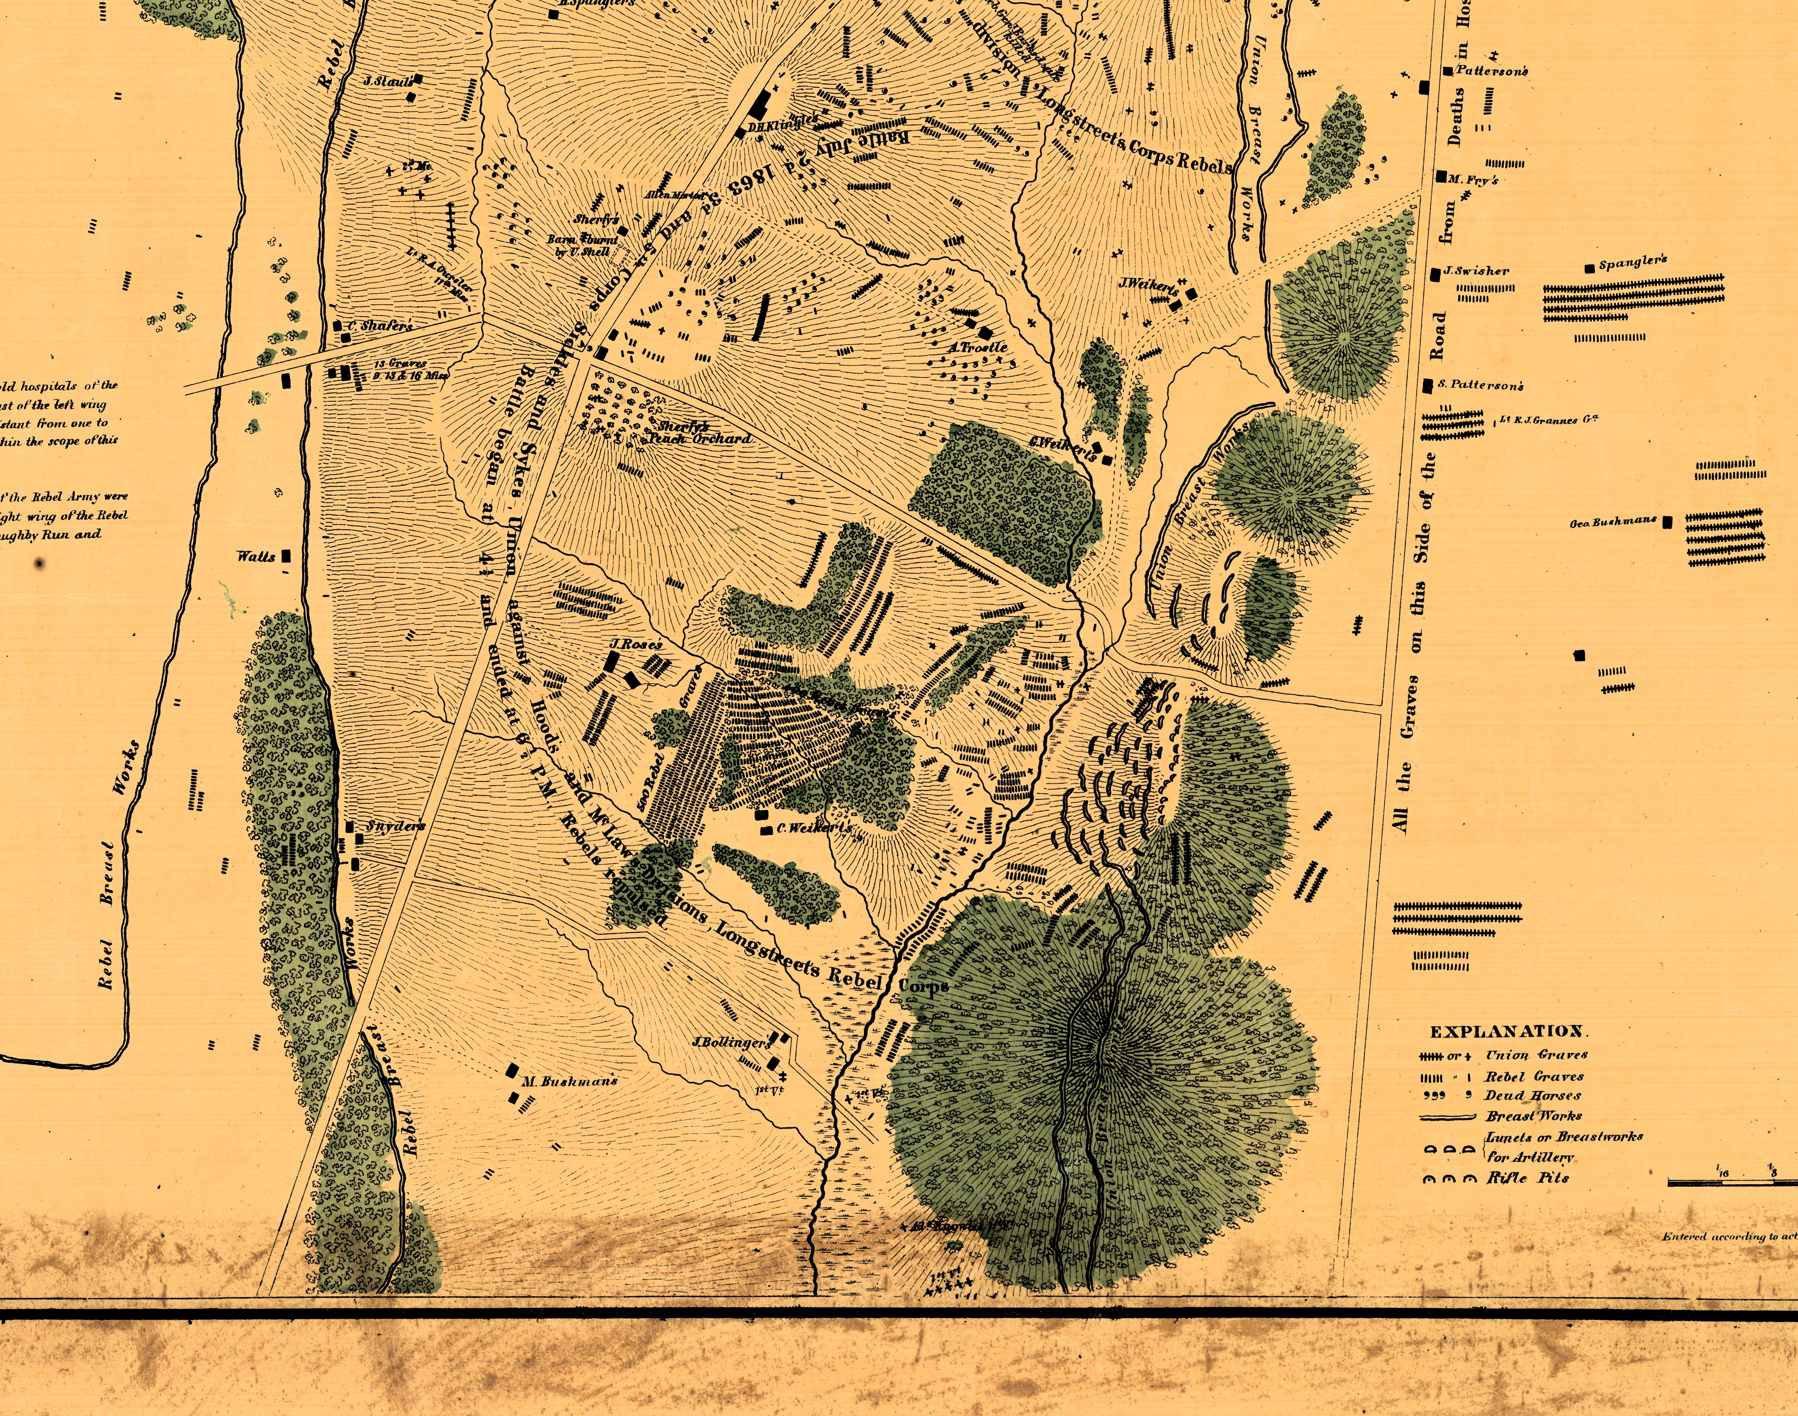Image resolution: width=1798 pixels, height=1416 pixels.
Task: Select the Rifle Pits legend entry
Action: click(x=1528, y=1178)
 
